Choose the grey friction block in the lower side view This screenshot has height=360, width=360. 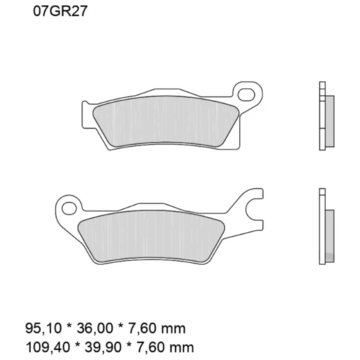point(329,232)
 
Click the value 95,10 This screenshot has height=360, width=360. point(39,327)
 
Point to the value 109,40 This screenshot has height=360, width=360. point(42,345)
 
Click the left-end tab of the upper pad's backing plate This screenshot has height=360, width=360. point(86,114)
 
